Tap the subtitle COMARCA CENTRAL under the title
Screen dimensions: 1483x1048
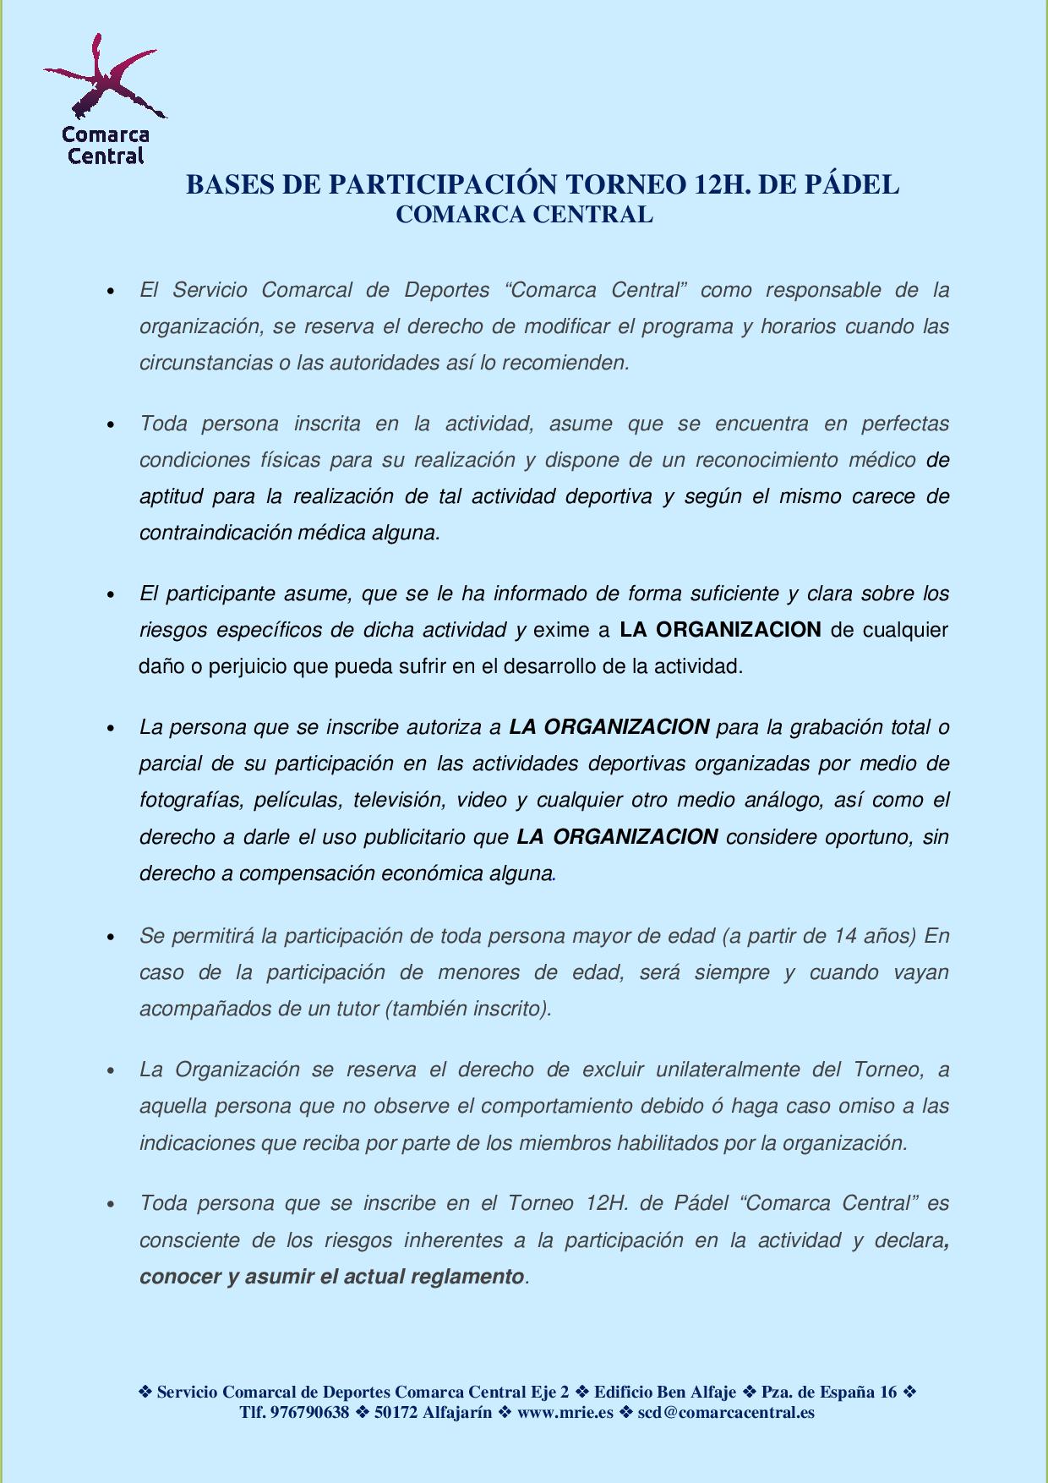click(x=524, y=215)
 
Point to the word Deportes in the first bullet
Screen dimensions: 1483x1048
click(x=447, y=290)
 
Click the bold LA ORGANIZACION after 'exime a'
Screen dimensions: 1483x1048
click(x=720, y=630)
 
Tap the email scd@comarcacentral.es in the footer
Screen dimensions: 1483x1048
click(x=726, y=1412)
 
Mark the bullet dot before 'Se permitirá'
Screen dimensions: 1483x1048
click(x=111, y=938)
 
